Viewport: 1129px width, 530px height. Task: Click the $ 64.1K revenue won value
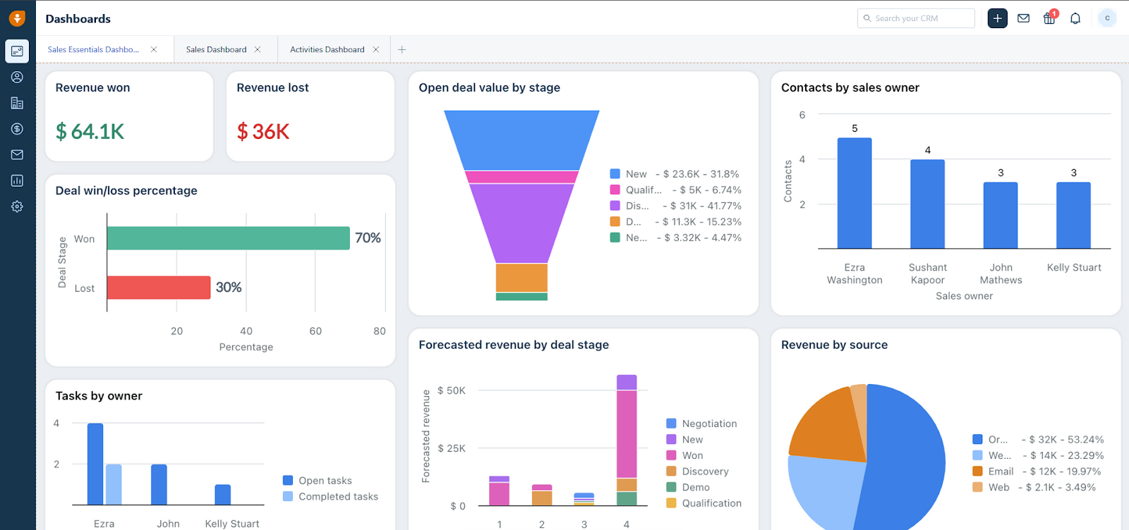point(90,131)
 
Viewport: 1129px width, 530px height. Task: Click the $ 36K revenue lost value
point(263,131)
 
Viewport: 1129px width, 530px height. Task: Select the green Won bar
point(228,238)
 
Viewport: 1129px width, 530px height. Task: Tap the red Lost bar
point(159,288)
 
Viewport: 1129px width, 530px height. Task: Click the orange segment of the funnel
point(521,278)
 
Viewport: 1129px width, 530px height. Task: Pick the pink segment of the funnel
point(521,177)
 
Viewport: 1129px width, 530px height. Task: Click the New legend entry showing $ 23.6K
point(674,174)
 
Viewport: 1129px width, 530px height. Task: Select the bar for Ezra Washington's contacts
point(854,193)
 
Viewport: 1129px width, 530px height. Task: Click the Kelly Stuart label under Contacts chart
point(1073,268)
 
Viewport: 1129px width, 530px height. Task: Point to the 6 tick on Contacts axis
point(802,115)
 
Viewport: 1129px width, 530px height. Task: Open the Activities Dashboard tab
point(327,49)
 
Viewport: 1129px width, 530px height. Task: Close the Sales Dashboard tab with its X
point(258,49)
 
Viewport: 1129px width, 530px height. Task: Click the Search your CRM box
point(915,18)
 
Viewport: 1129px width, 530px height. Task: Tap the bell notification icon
point(1075,18)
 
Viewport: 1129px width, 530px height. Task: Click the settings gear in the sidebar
point(17,207)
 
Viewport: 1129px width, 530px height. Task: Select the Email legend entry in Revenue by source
point(1000,472)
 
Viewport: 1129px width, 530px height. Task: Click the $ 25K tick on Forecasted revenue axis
point(451,448)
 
